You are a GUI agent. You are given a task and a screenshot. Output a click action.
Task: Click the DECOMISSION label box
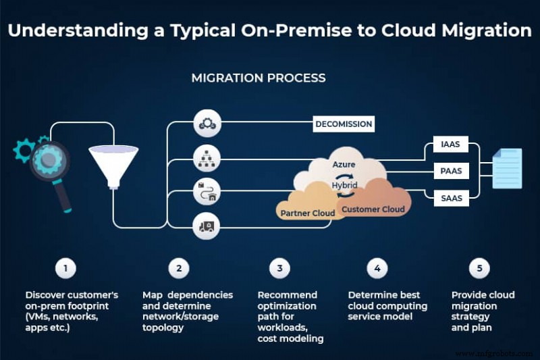click(x=344, y=124)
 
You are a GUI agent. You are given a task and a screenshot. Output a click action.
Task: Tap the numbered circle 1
click(x=65, y=268)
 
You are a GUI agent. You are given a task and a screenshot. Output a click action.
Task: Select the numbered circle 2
click(x=179, y=268)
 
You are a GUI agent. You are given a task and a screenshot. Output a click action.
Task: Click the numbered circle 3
click(x=279, y=268)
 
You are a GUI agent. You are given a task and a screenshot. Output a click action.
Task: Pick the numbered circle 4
click(x=377, y=268)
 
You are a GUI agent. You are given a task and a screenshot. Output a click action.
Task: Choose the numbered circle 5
click(x=479, y=268)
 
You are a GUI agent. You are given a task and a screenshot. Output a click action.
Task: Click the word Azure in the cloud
click(x=344, y=164)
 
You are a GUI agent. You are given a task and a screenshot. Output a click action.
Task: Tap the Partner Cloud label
click(x=307, y=213)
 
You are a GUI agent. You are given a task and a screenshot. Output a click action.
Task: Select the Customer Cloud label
click(x=373, y=209)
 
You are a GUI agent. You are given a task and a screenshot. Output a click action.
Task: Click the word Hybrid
click(x=344, y=185)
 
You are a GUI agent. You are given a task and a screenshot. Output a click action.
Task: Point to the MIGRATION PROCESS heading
click(x=259, y=78)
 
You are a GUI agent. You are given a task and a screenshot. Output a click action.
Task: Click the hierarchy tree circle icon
click(x=206, y=159)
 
